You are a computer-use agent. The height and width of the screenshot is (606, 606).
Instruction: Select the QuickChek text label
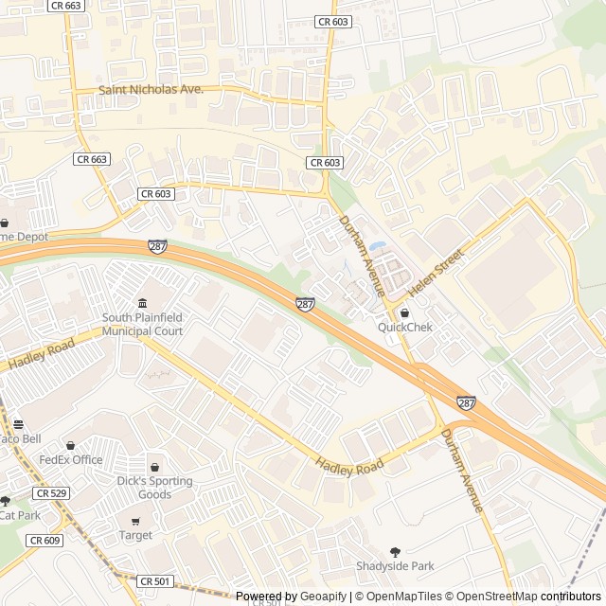(404, 327)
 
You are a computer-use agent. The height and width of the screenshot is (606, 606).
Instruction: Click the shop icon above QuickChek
(404, 313)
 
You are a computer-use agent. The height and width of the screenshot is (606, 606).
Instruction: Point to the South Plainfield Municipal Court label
(142, 325)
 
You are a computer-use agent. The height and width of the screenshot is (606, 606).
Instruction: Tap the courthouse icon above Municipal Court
(142, 302)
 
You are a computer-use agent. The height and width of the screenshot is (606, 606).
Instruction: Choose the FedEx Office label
(70, 460)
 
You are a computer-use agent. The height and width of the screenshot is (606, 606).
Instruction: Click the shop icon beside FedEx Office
(70, 445)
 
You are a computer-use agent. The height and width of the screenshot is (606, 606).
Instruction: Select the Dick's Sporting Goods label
(154, 488)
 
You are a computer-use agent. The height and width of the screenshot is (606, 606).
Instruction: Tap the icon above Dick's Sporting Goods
(154, 467)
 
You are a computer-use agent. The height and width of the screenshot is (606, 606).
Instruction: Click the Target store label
(135, 535)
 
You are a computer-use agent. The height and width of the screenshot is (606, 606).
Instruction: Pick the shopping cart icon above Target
(135, 522)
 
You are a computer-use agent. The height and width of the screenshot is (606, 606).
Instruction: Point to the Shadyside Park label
(395, 566)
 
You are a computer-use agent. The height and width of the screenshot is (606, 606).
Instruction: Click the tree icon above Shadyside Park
(395, 552)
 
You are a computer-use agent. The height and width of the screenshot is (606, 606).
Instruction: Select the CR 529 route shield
(50, 493)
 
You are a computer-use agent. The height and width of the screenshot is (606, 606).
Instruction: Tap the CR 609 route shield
(44, 540)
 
